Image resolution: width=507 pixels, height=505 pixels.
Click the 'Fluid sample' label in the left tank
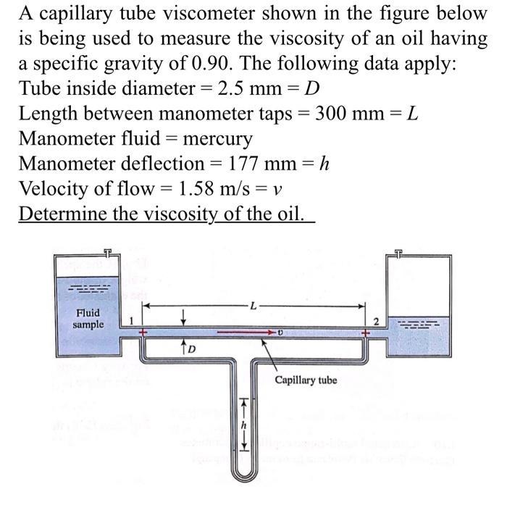tap(88, 319)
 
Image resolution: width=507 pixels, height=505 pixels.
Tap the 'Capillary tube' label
tap(306, 380)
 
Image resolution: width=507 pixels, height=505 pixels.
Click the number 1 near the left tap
tap(131, 320)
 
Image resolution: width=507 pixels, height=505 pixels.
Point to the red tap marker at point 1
tap(143, 334)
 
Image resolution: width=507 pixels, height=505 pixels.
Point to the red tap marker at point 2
tap(366, 334)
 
